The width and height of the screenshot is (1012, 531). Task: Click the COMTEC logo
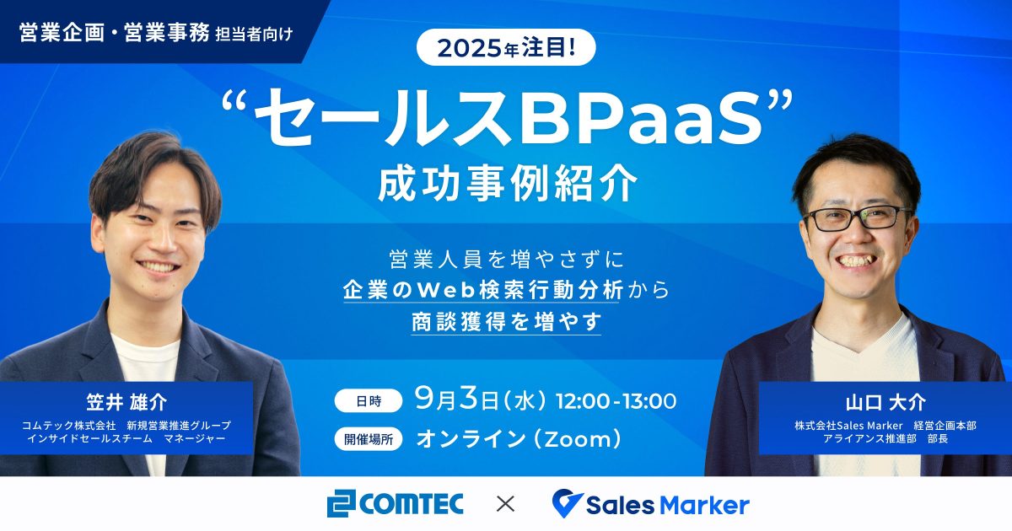tap(396, 503)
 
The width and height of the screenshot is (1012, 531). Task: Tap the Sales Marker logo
tap(650, 503)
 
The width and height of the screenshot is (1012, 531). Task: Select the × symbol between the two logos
tap(505, 504)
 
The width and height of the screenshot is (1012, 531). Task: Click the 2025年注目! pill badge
tap(506, 47)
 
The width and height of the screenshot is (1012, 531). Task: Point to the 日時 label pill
tap(369, 400)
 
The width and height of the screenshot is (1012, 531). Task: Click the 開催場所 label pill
tap(369, 439)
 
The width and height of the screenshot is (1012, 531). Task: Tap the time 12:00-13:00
tap(616, 401)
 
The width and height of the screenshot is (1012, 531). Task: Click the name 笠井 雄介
tap(126, 402)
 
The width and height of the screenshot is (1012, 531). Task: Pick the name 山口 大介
tap(885, 402)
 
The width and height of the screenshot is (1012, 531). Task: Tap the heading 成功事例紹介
tap(508, 183)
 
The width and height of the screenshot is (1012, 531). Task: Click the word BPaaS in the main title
tap(642, 117)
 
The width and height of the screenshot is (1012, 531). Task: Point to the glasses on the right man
tap(858, 217)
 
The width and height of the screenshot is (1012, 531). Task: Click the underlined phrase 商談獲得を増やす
tap(507, 321)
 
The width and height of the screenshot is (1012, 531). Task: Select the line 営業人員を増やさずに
tap(507, 260)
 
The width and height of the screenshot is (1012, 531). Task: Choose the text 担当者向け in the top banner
tap(254, 35)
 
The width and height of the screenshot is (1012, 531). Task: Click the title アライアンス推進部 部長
tap(885, 438)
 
